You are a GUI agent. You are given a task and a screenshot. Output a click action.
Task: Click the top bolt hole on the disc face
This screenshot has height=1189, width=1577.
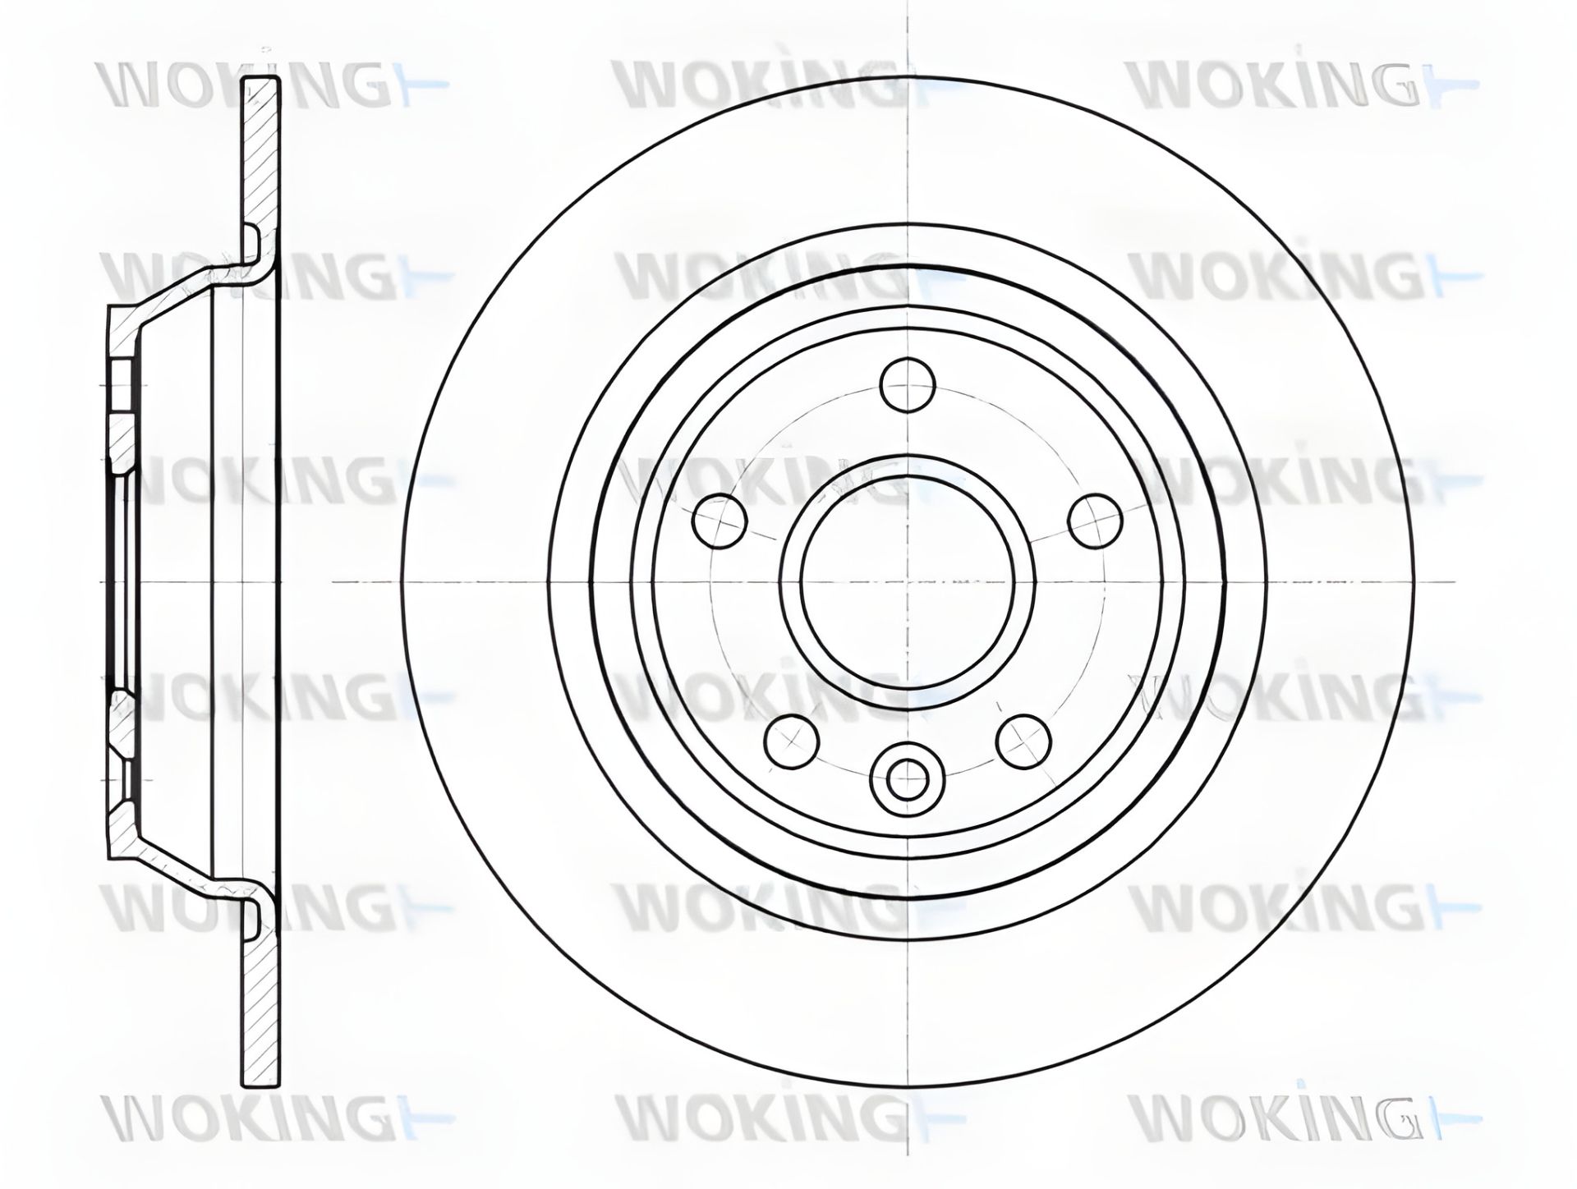point(908,383)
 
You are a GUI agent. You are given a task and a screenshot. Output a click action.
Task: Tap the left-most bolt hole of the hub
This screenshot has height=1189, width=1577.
point(721,521)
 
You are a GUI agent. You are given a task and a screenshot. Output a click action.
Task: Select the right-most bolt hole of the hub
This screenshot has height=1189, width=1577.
point(1096,521)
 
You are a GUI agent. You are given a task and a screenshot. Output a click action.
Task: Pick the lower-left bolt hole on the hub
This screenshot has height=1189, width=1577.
point(792,741)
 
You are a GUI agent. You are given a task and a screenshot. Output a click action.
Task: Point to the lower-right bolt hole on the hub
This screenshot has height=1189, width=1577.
point(1023,741)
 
